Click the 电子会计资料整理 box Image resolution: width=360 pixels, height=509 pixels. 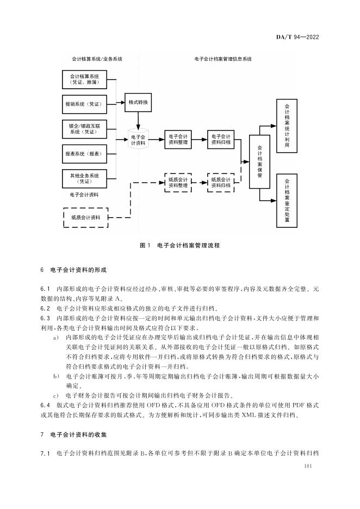click(x=178, y=140)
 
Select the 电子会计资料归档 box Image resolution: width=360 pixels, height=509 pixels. click(x=221, y=140)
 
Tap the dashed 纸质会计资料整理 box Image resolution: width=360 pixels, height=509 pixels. click(x=178, y=182)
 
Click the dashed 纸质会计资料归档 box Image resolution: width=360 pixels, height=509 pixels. click(x=221, y=182)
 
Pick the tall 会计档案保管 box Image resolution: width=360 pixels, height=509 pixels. click(x=259, y=161)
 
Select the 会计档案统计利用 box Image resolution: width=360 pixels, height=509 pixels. click(x=287, y=124)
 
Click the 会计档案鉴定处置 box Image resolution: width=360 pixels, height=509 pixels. click(x=287, y=197)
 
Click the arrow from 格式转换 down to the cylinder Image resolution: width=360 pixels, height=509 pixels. click(x=139, y=119)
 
